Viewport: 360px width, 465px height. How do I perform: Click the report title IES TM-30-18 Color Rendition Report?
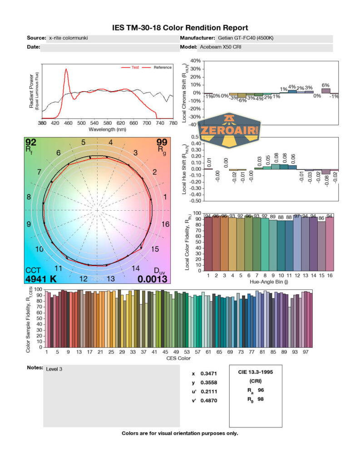click(x=180, y=28)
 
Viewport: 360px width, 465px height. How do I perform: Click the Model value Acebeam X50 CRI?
click(x=219, y=47)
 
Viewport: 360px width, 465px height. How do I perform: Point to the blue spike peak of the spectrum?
click(x=66, y=69)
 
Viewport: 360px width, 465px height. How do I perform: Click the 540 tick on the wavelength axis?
click(x=94, y=123)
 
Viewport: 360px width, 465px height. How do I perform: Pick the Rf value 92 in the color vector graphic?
click(x=31, y=143)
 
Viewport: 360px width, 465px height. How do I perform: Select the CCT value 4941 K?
click(x=41, y=279)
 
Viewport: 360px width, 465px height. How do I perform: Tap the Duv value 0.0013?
click(x=153, y=279)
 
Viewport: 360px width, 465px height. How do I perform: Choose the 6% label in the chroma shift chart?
click(x=325, y=85)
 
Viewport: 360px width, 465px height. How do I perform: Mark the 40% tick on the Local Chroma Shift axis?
click(x=195, y=61)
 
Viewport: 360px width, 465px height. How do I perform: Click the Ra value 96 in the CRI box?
click(x=260, y=390)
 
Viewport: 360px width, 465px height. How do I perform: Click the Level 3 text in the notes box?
click(x=54, y=369)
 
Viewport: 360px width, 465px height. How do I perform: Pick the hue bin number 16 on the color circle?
click(x=166, y=224)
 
